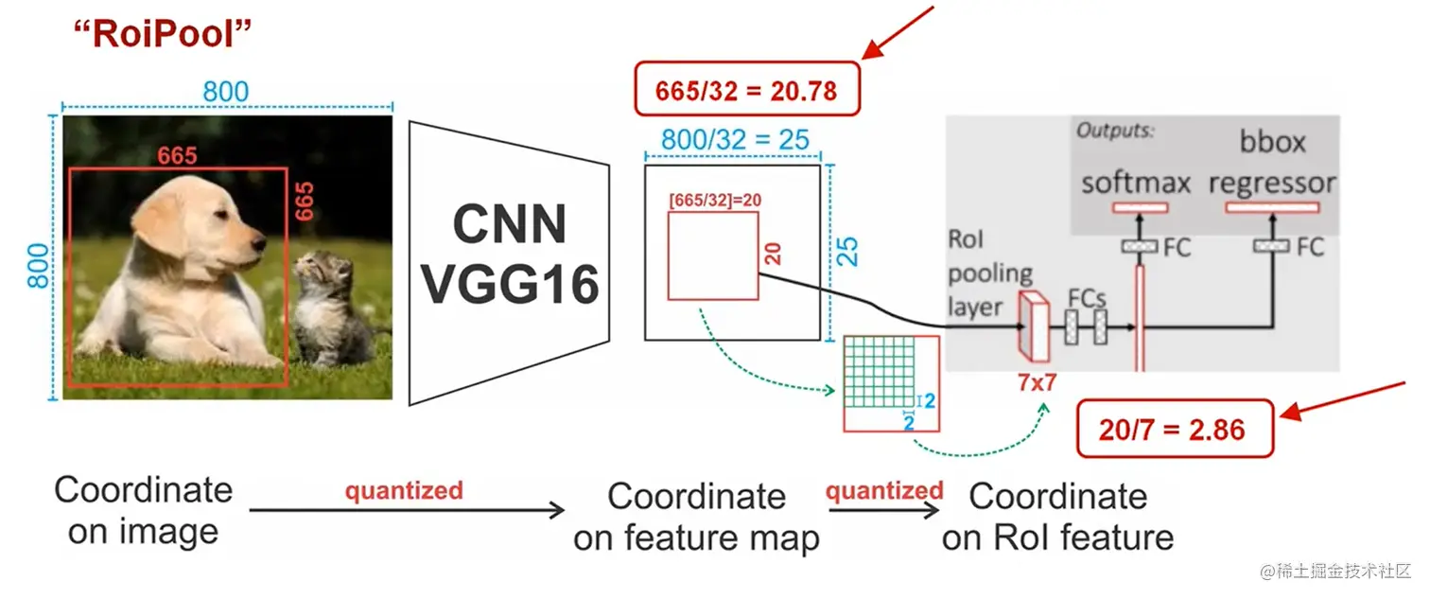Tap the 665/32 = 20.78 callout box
tap(746, 90)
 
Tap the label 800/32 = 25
tap(735, 140)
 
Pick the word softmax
tap(1135, 182)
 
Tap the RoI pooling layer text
tap(989, 273)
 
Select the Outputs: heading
tap(1116, 131)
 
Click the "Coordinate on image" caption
tap(143, 510)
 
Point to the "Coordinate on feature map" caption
tap(697, 517)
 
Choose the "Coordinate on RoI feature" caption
tap(1057, 517)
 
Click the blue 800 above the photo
tap(226, 92)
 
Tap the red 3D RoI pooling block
tap(1033, 326)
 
